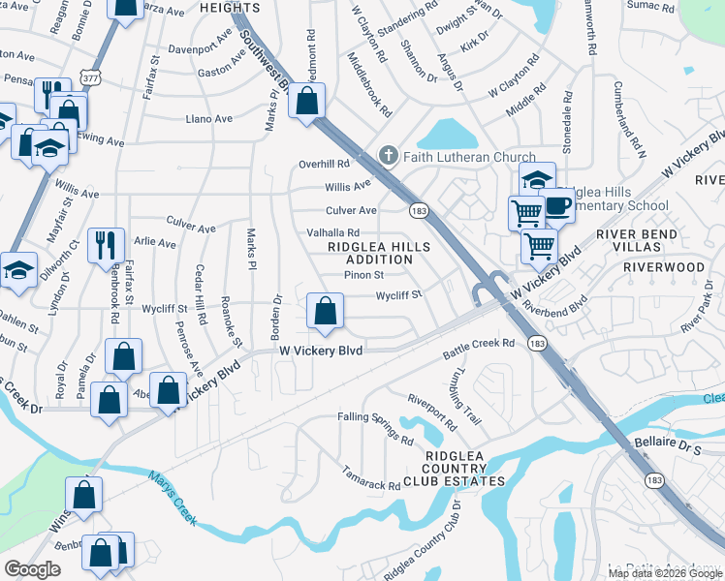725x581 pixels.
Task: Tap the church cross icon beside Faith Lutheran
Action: click(x=388, y=156)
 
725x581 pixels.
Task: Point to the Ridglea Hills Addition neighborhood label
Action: click(x=372, y=253)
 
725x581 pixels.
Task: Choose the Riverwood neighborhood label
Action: click(x=663, y=266)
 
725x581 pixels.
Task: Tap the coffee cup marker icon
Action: click(x=557, y=204)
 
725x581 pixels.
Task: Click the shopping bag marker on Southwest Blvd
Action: click(x=307, y=101)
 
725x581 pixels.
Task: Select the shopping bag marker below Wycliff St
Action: click(x=326, y=310)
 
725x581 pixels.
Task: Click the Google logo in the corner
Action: click(x=32, y=569)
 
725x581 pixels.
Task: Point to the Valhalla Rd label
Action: click(x=333, y=232)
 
